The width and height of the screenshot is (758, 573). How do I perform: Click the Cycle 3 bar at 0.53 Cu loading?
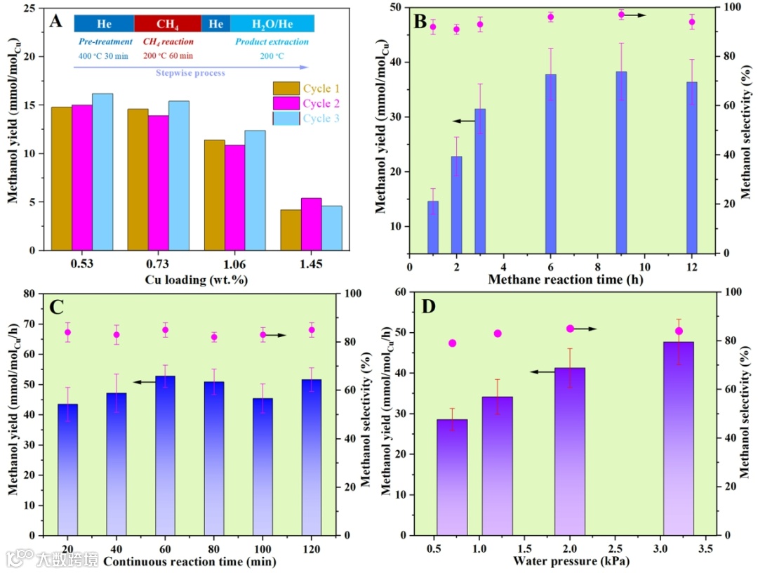pos(102,172)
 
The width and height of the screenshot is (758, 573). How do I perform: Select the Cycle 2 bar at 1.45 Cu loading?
pos(311,224)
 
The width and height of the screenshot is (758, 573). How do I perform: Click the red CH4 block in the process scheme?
pos(167,24)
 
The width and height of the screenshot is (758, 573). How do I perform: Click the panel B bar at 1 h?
pos(433,227)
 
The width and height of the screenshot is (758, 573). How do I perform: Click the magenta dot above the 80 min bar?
pos(214,337)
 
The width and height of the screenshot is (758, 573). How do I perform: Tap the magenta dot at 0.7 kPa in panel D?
pos(453,343)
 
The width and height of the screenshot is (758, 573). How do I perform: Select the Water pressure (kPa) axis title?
pos(571,561)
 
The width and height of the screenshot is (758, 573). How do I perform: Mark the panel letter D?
pos(428,306)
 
